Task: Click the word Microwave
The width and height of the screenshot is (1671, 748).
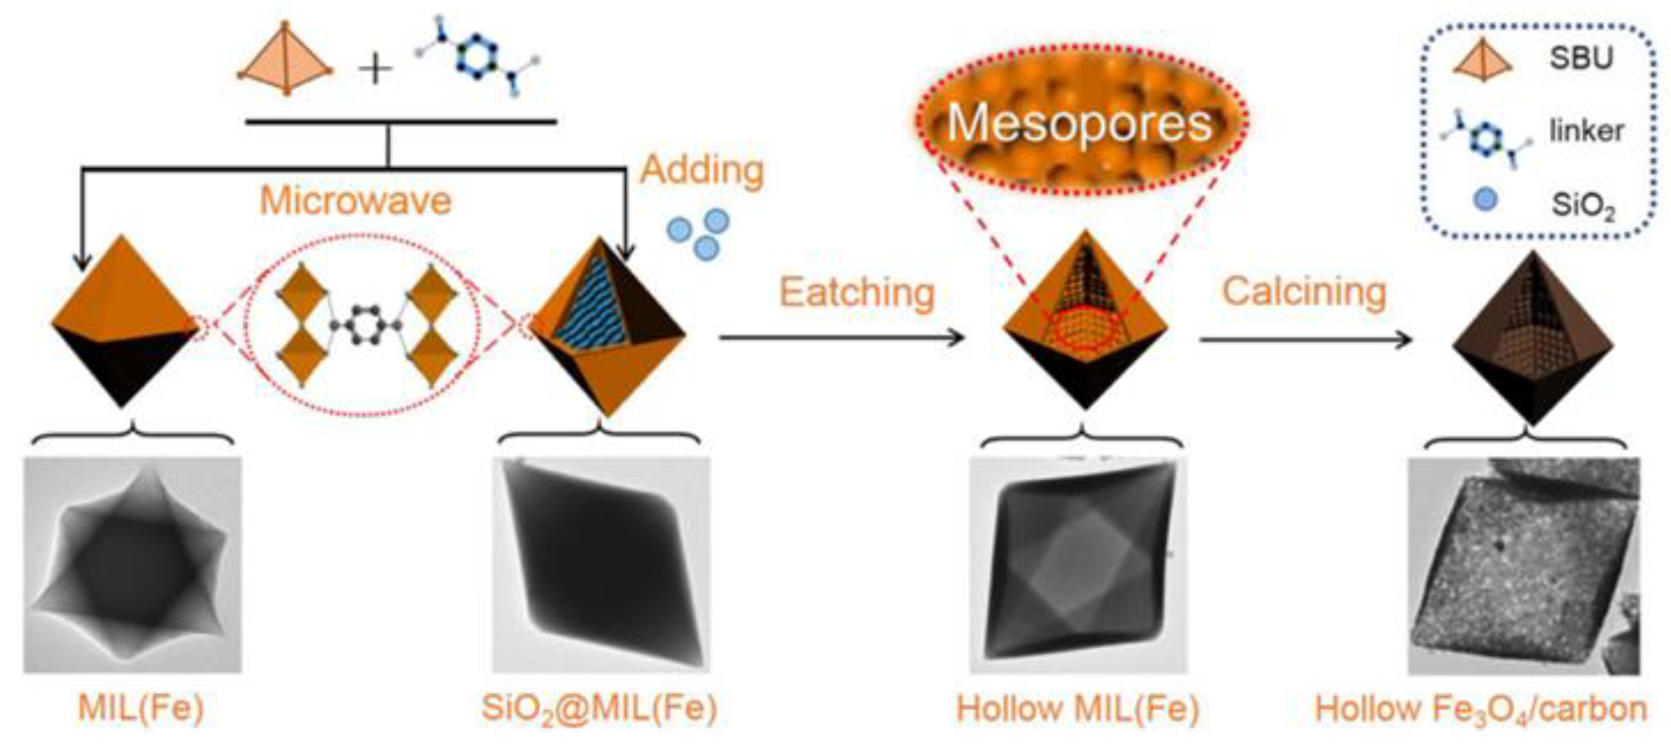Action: coord(355,200)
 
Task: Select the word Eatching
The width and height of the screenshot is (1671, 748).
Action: coord(856,292)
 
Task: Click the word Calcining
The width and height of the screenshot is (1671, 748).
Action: coord(1304,291)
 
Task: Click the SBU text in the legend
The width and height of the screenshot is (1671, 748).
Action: coord(1581,59)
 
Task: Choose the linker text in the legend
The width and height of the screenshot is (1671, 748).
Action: coord(1586,131)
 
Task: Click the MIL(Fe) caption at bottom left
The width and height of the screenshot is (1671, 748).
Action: coord(141,707)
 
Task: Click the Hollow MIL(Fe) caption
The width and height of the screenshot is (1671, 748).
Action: coord(1077,708)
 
